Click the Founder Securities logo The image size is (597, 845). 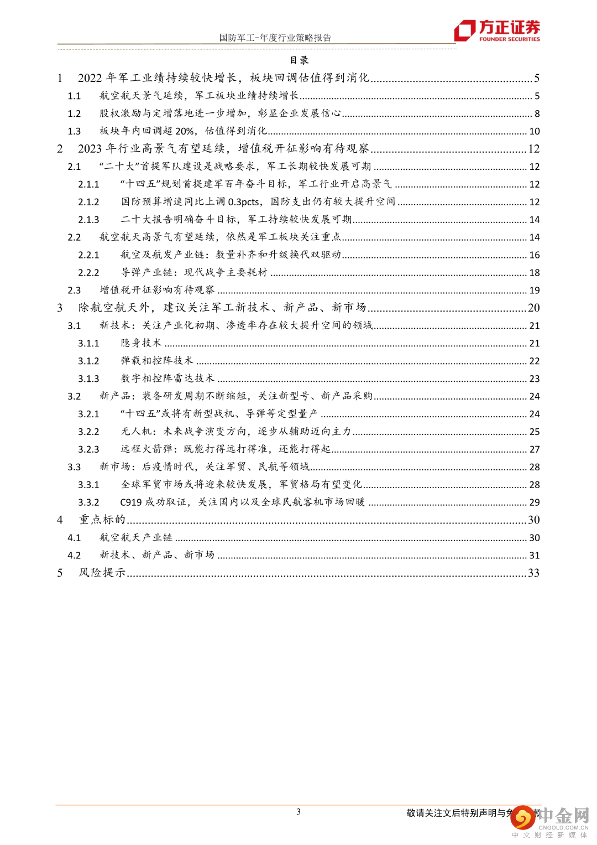pyautogui.click(x=496, y=30)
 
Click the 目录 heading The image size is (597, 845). pyautogui.click(x=299, y=60)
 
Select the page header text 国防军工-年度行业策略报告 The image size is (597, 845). pyautogui.click(x=275, y=38)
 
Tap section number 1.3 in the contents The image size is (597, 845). pyautogui.click(x=74, y=131)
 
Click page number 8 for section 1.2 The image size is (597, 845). pyautogui.click(x=537, y=113)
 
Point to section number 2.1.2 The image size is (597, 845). pyautogui.click(x=88, y=202)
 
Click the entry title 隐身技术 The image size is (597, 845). pyautogui.click(x=141, y=343)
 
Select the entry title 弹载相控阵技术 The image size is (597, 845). pyautogui.click(x=157, y=361)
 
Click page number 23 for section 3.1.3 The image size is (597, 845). pyautogui.click(x=535, y=379)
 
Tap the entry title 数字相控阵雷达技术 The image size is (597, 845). pyautogui.click(x=167, y=379)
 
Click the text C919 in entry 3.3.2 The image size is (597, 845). pyautogui.click(x=130, y=502)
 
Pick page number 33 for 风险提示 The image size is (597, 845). pyautogui.click(x=533, y=573)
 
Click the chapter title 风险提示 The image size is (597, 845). pyautogui.click(x=102, y=573)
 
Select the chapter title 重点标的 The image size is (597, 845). pyautogui.click(x=102, y=520)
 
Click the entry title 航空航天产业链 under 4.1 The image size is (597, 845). pyautogui.click(x=136, y=537)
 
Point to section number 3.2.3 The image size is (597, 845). pyautogui.click(x=88, y=449)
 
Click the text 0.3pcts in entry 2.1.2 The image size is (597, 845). pyautogui.click(x=243, y=202)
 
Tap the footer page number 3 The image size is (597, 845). pyautogui.click(x=298, y=812)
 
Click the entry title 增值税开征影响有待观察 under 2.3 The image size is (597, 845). pyautogui.click(x=157, y=290)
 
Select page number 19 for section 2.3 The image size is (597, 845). pyautogui.click(x=535, y=290)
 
